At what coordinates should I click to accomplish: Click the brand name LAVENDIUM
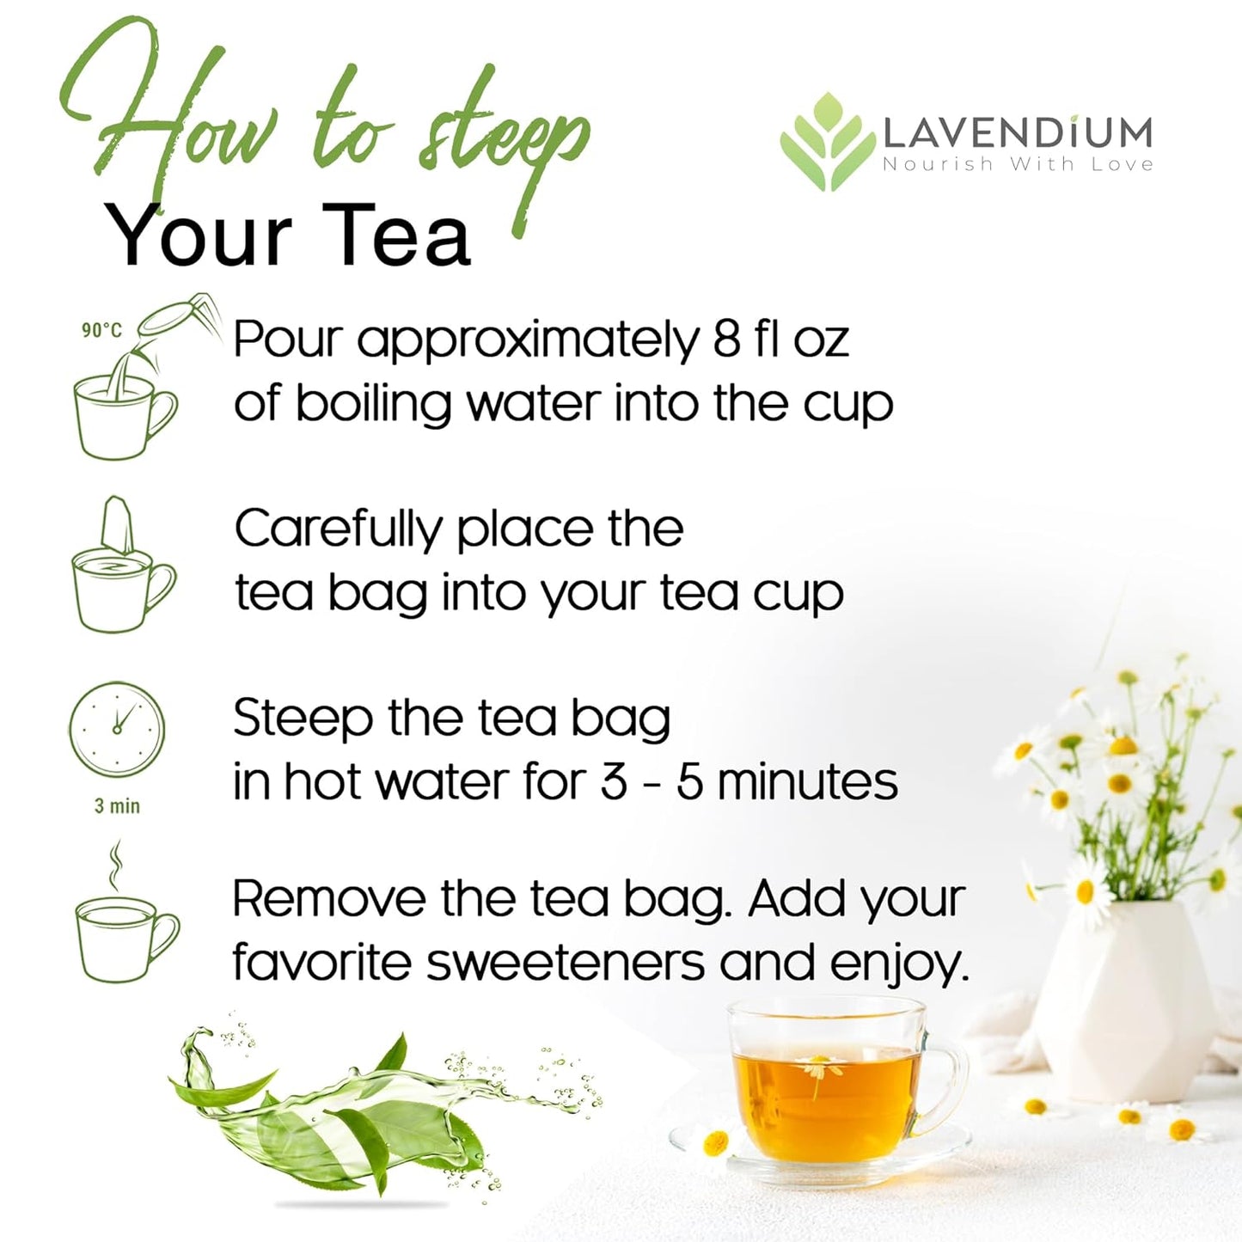(x=1018, y=132)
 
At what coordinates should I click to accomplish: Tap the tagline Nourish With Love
(x=1018, y=164)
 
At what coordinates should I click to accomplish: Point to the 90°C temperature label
(x=101, y=330)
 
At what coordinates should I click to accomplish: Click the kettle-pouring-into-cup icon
(x=129, y=378)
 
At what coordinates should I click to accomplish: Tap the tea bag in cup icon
(x=123, y=567)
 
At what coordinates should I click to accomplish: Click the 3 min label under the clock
(x=117, y=806)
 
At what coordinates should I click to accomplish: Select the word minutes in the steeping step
(x=808, y=781)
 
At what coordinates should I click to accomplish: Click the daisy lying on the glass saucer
(x=715, y=1144)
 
